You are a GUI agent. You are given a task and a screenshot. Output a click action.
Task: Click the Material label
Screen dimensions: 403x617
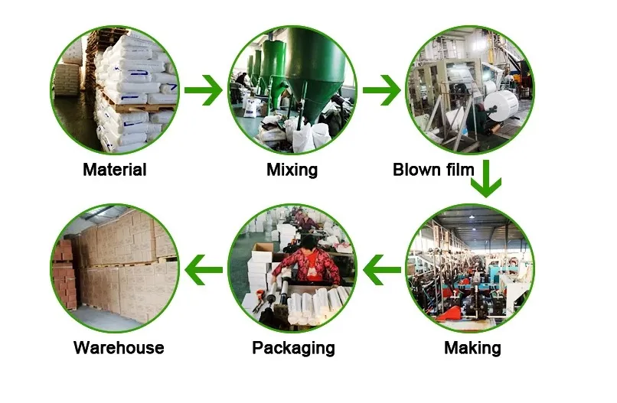pyautogui.click(x=114, y=170)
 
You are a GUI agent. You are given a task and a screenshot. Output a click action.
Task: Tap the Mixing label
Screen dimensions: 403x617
pyautogui.click(x=292, y=170)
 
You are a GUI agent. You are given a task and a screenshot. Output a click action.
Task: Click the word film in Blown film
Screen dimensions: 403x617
pyautogui.click(x=459, y=170)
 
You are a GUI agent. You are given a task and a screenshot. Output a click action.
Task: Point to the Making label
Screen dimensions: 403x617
pyautogui.click(x=472, y=349)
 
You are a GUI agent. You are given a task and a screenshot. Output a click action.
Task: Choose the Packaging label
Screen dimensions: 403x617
pyautogui.click(x=293, y=349)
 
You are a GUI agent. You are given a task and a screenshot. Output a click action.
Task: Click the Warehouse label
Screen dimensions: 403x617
pyautogui.click(x=119, y=348)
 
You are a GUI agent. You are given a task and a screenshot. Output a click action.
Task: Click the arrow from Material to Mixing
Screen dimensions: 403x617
pyautogui.click(x=204, y=91)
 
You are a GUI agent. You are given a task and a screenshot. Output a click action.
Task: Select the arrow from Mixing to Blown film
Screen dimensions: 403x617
pyautogui.click(x=381, y=91)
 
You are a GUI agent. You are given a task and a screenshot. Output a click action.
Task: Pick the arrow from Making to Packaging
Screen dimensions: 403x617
pyautogui.click(x=381, y=268)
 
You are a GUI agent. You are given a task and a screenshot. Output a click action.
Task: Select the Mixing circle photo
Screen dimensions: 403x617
pyautogui.click(x=292, y=90)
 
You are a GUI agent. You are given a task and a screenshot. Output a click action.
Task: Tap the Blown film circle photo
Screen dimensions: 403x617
pyautogui.click(x=469, y=90)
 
